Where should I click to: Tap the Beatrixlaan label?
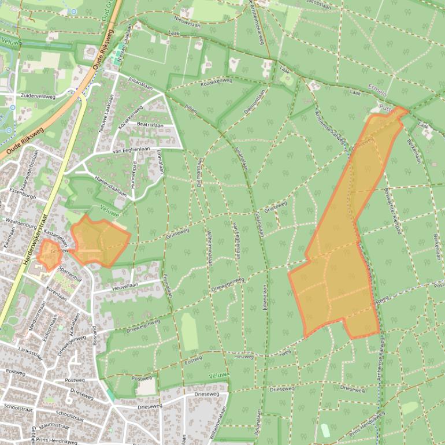click(x=150, y=125)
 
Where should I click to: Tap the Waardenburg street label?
click(x=21, y=221)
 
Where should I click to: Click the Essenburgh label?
click(x=18, y=196)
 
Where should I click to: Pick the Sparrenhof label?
click(x=72, y=271)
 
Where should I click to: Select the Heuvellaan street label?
click(x=125, y=285)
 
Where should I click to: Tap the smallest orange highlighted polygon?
click(x=49, y=255)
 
